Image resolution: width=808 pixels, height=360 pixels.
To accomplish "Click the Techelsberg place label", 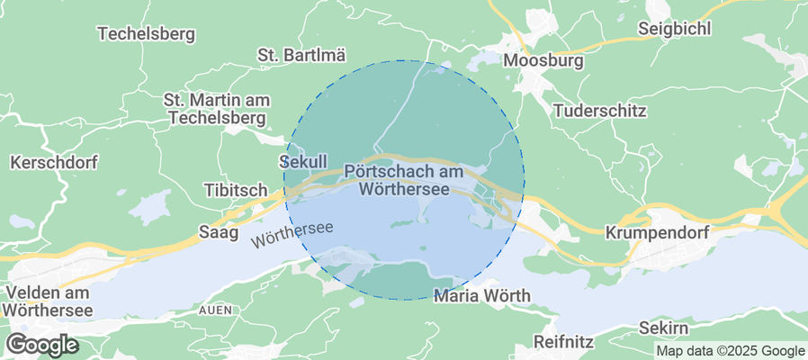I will pyautogui.click(x=146, y=34).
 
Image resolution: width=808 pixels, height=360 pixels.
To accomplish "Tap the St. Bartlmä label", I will pyautogui.click(x=301, y=55).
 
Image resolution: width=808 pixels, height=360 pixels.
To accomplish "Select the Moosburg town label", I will pyautogui.click(x=543, y=61).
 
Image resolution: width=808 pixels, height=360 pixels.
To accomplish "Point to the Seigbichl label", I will pyautogui.click(x=674, y=28).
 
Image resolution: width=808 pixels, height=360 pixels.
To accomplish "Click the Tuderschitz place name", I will pyautogui.click(x=600, y=111).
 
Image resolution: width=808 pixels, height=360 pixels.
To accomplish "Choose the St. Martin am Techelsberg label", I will pyautogui.click(x=216, y=108).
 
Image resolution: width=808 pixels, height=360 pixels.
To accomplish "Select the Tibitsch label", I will pyautogui.click(x=236, y=191).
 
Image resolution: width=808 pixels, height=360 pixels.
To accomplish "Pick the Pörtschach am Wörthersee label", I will pyautogui.click(x=403, y=180).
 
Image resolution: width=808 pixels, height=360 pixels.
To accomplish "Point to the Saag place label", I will pyautogui.click(x=218, y=232).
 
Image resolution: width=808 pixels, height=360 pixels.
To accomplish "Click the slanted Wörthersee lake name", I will pyautogui.click(x=292, y=235).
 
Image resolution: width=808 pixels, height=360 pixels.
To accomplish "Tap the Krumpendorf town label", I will pyautogui.click(x=658, y=232).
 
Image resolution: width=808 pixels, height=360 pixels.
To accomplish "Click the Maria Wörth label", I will pyautogui.click(x=481, y=295).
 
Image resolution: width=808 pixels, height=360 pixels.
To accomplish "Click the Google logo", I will pyautogui.click(x=42, y=344).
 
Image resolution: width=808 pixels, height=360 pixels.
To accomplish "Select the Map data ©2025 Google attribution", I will pyautogui.click(x=730, y=351).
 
